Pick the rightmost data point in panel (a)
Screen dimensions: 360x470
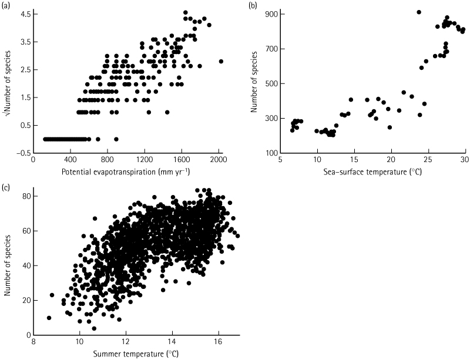[x=221, y=61]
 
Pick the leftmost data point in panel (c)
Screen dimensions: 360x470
[x=49, y=318]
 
